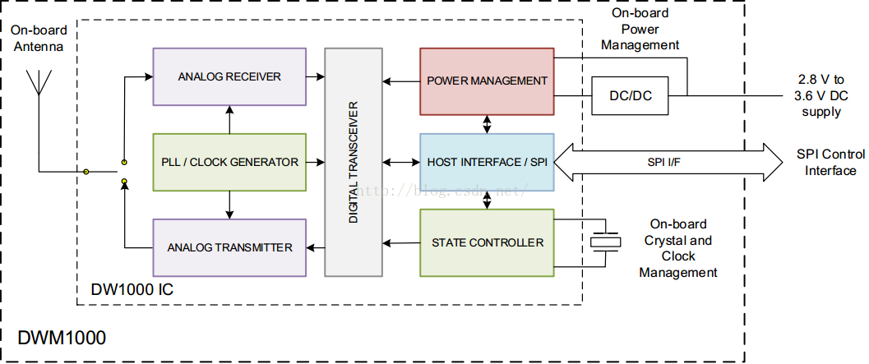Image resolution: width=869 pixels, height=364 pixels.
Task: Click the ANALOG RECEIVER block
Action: coord(229,76)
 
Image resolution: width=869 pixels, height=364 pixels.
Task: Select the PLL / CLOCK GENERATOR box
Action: coord(229,163)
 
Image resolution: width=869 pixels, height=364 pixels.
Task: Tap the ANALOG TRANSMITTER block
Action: coord(229,247)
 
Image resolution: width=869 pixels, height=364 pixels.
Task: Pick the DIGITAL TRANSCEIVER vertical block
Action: coord(353,163)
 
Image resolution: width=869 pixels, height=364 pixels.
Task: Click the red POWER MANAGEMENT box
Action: coord(487,81)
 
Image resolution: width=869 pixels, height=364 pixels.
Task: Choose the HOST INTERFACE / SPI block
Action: coord(487,163)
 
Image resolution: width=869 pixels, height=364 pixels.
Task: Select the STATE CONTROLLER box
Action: coord(487,242)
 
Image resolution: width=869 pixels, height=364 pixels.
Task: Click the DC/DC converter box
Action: coord(631,95)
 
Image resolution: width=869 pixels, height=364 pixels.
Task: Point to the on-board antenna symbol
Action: coord(39,89)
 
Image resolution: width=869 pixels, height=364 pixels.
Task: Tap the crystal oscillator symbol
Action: coord(605,242)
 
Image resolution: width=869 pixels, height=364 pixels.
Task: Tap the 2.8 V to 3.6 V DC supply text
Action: coord(817,95)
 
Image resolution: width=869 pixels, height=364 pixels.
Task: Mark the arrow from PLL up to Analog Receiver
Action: coord(229,120)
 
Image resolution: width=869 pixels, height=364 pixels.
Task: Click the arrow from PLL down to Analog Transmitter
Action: coord(229,205)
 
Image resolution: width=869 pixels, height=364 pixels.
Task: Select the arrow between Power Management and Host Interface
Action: coord(488,124)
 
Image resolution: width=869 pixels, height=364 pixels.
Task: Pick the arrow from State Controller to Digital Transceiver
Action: coord(401,242)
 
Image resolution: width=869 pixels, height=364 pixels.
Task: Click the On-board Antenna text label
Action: coord(39,39)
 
